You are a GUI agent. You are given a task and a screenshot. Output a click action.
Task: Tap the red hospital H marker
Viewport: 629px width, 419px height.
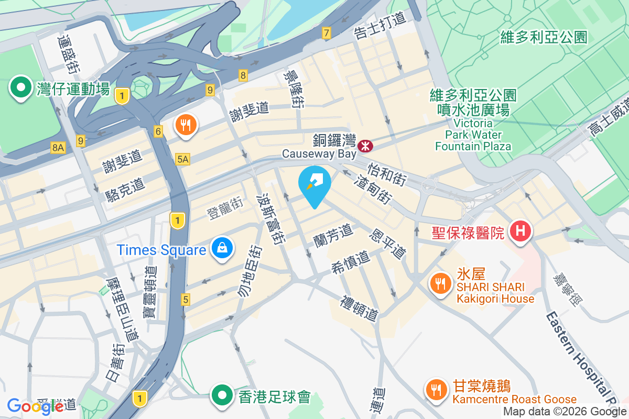(x=522, y=230)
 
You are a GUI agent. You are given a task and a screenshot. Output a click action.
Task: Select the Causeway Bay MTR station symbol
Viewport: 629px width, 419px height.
(x=365, y=143)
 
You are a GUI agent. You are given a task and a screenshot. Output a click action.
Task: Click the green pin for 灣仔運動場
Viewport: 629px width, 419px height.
(x=21, y=87)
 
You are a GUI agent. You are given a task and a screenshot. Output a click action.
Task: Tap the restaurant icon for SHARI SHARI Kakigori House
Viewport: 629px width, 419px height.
(x=438, y=283)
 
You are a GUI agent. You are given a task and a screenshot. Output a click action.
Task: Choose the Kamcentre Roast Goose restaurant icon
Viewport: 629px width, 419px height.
(x=436, y=389)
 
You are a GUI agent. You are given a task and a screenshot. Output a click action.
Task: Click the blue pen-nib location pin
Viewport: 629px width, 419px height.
(x=314, y=184)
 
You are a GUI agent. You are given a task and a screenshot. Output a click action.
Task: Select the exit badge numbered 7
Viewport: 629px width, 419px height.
(x=327, y=34)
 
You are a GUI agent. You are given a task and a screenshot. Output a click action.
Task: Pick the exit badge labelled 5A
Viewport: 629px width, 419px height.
(x=182, y=158)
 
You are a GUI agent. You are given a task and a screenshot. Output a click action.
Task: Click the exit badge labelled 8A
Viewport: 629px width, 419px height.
(x=58, y=148)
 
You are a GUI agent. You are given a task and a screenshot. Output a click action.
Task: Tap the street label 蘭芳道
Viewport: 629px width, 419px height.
(x=333, y=232)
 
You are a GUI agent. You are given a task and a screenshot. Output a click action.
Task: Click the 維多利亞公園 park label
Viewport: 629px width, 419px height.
(x=544, y=37)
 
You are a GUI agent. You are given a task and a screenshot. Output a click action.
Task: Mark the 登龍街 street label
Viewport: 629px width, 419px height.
(x=224, y=214)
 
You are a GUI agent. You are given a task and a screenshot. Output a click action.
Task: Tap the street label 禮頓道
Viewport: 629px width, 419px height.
(x=360, y=308)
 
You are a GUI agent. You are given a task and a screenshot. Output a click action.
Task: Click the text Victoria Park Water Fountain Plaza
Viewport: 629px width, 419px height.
(x=473, y=135)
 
